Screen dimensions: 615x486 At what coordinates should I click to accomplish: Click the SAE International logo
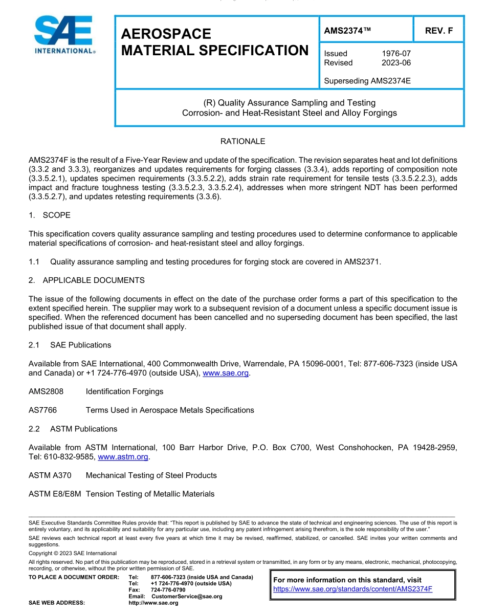[x=64, y=35]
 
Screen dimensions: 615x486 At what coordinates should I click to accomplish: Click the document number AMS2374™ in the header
[x=347, y=31]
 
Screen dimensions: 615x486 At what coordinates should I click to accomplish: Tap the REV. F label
[x=438, y=31]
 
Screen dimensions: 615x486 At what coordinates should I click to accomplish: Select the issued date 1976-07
[x=396, y=53]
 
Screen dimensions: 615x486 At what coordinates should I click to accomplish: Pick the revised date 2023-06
[x=396, y=62]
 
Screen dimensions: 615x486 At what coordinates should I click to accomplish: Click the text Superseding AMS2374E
[x=367, y=81]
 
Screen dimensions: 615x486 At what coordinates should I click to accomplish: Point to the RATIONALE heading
[x=242, y=141]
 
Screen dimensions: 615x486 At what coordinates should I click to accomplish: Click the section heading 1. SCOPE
[x=50, y=215]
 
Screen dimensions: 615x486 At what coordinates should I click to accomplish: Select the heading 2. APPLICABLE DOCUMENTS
[x=86, y=280]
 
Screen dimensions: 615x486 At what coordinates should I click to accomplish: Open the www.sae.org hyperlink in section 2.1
[x=226, y=374]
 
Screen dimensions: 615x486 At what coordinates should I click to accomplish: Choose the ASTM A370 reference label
[x=50, y=475]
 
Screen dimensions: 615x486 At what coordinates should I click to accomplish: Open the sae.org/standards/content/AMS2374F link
[x=353, y=589]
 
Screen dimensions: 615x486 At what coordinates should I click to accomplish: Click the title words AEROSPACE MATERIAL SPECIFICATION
[x=215, y=42]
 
